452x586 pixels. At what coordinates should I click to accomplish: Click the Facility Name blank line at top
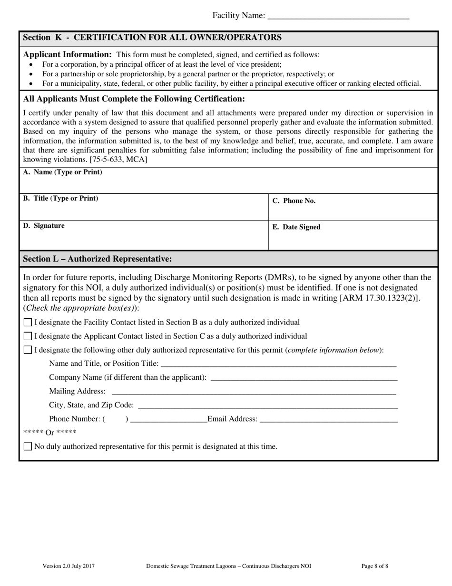(338, 16)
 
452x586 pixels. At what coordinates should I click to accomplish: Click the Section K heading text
(152, 38)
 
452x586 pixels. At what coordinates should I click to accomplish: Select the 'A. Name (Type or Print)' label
(62, 172)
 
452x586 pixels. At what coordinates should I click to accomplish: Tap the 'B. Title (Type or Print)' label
(60, 198)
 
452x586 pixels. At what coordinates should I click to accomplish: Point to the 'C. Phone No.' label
(294, 201)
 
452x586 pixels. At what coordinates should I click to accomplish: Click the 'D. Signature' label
(44, 226)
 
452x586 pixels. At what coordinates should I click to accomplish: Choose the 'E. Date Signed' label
(296, 227)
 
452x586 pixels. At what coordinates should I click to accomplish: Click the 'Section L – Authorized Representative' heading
(97, 259)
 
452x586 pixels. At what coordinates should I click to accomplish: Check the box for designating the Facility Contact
(28, 323)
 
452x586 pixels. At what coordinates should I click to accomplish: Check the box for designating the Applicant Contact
(28, 336)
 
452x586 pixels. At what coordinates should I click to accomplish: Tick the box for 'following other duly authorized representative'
(28, 350)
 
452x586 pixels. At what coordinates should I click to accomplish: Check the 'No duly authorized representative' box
(28, 446)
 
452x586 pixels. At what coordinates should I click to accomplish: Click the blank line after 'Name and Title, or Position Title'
(278, 364)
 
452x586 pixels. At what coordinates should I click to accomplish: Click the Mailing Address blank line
(253, 392)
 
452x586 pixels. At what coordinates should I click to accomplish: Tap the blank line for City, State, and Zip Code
(267, 405)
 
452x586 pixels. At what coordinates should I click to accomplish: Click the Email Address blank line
(328, 419)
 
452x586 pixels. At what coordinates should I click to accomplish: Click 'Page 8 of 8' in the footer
(374, 566)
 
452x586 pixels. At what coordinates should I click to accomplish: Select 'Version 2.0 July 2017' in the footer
(69, 566)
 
